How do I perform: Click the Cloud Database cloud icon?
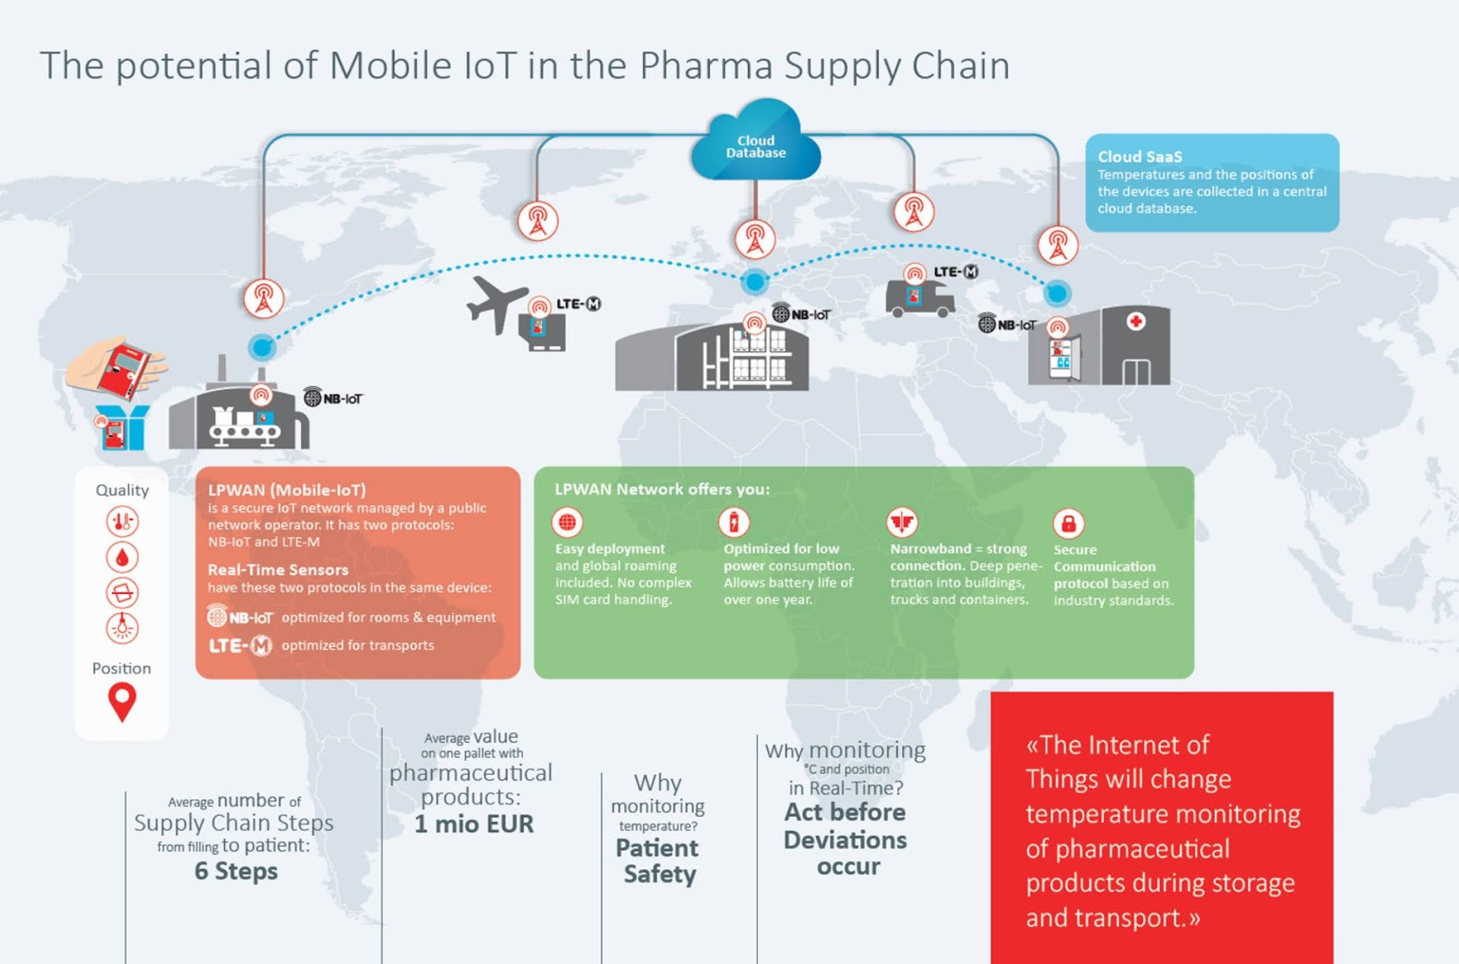755,143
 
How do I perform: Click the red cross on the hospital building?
1135,321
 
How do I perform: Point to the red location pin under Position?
122,701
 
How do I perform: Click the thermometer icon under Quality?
122,521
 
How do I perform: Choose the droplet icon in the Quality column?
122,557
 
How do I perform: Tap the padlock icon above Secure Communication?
1068,524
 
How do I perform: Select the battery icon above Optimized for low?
734,522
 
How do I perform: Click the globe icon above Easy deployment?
567,522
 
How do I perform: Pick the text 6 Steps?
236,871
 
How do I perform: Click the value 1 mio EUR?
474,824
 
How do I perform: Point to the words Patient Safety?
658,861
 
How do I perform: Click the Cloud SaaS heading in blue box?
1139,157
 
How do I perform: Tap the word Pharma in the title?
706,66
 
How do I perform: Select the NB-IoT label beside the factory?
334,398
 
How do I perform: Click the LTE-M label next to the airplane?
579,304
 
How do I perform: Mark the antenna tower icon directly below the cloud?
754,239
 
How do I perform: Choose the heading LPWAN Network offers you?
662,489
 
